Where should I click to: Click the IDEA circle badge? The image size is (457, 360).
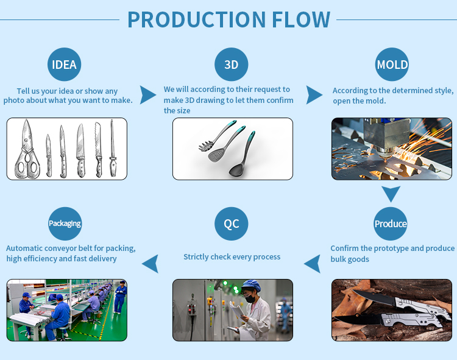[x=64, y=65]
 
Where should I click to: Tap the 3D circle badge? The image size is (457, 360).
[x=231, y=65]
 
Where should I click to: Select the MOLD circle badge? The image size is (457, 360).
[x=392, y=65]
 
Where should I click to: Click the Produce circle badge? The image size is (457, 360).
[x=390, y=224]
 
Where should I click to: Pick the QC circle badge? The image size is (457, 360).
[x=231, y=224]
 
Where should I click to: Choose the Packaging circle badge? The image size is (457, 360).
[x=65, y=224]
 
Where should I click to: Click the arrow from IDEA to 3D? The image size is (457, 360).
[x=148, y=95]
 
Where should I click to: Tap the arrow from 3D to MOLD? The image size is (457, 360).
[x=314, y=95]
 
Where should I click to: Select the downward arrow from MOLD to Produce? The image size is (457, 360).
[x=391, y=194]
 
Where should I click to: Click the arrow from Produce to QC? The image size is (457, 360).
[x=312, y=264]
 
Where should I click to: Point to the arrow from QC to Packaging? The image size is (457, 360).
[x=150, y=264]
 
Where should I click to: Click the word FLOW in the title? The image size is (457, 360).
[x=301, y=20]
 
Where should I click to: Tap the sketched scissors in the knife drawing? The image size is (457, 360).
[x=27, y=149]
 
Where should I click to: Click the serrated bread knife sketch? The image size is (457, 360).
[x=98, y=150]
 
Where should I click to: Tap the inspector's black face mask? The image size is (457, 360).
[x=250, y=298]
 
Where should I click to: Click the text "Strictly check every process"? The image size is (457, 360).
[x=232, y=257]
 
